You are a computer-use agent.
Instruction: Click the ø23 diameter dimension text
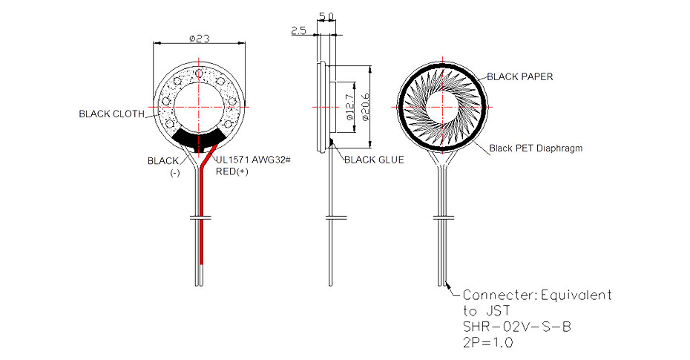point(199,39)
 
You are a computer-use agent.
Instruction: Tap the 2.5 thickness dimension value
point(298,30)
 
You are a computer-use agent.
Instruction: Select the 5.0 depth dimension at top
point(326,16)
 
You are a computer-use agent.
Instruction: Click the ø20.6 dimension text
point(365,106)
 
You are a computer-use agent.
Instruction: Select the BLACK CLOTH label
point(112,114)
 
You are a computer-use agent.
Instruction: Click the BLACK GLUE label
point(374,160)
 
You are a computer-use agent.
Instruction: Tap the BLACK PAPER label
point(519,76)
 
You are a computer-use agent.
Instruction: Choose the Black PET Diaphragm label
point(536,148)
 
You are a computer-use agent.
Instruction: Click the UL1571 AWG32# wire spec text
point(254,160)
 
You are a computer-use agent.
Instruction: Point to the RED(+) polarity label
point(232,171)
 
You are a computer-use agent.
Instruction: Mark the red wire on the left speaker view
point(202,212)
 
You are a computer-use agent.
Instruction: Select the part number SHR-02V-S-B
point(516,327)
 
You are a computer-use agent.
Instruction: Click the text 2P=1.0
point(488,342)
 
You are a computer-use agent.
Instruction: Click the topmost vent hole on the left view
point(200,73)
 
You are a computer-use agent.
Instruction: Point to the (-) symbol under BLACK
point(175,173)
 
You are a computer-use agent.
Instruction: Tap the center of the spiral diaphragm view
point(443,107)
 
